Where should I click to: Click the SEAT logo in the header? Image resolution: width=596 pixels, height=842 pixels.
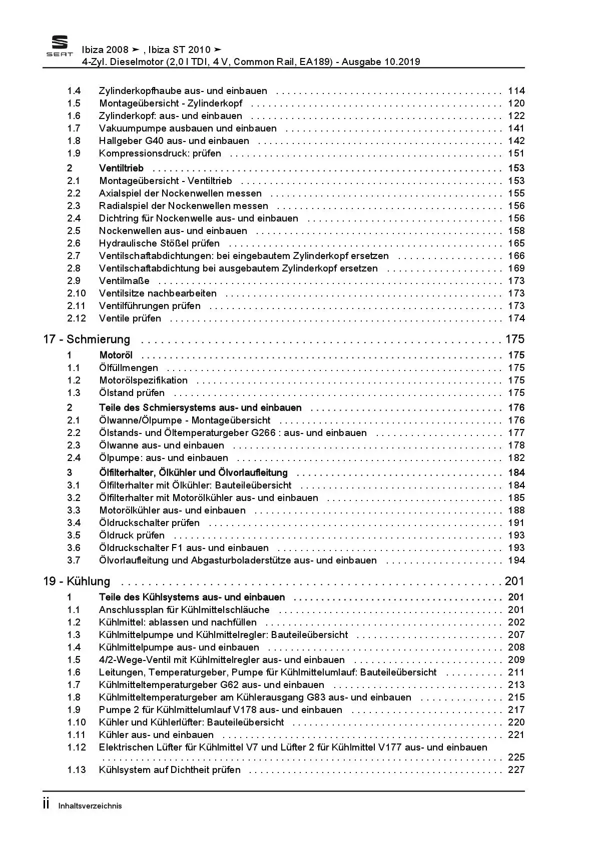pyautogui.click(x=60, y=46)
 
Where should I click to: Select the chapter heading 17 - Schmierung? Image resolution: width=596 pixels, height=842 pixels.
pyautogui.click(x=87, y=339)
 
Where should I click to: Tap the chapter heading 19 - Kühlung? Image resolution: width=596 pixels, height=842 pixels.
pyautogui.click(x=77, y=581)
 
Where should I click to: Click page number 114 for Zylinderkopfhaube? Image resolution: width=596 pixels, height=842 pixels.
pyautogui.click(x=516, y=91)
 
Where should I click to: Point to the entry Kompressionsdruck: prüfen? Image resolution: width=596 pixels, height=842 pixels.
pyautogui.click(x=160, y=153)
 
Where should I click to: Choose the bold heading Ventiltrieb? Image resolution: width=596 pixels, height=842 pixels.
pyautogui.click(x=121, y=168)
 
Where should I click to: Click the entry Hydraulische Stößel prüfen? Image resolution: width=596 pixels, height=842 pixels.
pyautogui.click(x=159, y=243)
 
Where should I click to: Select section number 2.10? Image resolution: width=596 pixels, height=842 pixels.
pyautogui.click(x=77, y=293)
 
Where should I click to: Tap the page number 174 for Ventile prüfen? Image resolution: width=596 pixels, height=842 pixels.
pyautogui.click(x=516, y=318)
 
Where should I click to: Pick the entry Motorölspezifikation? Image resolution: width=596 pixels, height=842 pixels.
pyautogui.click(x=143, y=380)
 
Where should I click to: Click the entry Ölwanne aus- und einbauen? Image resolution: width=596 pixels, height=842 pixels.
pyautogui.click(x=162, y=445)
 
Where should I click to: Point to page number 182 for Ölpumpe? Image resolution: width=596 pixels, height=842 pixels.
pyautogui.click(x=516, y=458)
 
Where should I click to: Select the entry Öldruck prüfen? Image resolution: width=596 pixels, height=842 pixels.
pyautogui.click(x=132, y=535)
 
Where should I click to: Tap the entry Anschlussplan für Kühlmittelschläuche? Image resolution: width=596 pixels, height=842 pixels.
pyautogui.click(x=184, y=610)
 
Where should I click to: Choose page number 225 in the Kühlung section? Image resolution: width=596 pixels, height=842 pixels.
pyautogui.click(x=516, y=757)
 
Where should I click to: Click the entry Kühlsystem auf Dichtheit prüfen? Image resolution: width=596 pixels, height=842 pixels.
pyautogui.click(x=170, y=770)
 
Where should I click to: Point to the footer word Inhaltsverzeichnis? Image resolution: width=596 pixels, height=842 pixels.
pyautogui.click(x=90, y=806)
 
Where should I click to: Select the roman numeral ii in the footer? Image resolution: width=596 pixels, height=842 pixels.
pyautogui.click(x=47, y=804)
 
